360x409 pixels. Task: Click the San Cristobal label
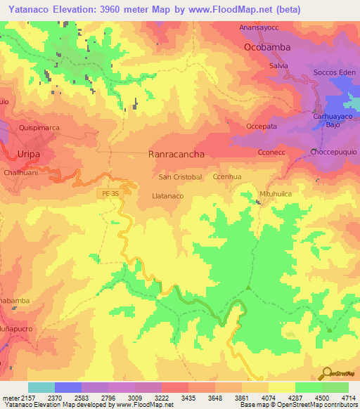click(x=181, y=177)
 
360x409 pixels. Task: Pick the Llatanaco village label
click(x=168, y=196)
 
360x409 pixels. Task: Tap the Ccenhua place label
click(x=227, y=177)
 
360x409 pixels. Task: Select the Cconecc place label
click(x=271, y=152)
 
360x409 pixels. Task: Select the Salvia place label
click(x=278, y=65)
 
